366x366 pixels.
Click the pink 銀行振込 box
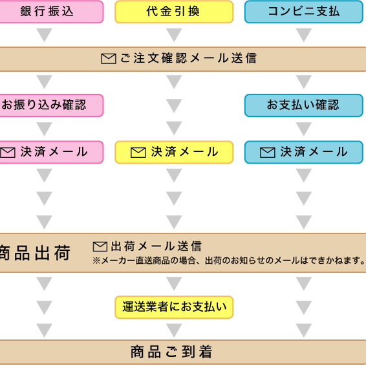[x=51, y=12]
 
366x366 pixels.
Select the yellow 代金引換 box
[x=174, y=12]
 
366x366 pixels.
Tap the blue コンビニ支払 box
[x=304, y=12]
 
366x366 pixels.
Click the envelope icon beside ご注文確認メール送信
[x=109, y=58]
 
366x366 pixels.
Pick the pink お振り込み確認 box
[x=51, y=105]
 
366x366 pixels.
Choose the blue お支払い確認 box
[x=304, y=105]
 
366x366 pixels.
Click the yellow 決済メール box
[x=174, y=152]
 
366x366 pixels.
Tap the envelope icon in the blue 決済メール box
[x=268, y=153]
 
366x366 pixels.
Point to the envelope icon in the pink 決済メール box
[x=8, y=153]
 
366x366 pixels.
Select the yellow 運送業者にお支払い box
[x=174, y=307]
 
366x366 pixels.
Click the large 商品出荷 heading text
[x=35, y=253]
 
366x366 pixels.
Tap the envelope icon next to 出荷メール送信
[x=100, y=246]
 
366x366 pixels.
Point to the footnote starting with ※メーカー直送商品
[x=229, y=261]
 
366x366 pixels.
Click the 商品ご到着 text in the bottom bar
[x=171, y=352]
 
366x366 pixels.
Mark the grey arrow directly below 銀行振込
[x=45, y=35]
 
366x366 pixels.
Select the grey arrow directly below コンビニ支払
[x=304, y=35]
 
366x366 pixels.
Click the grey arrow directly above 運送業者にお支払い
[x=174, y=284]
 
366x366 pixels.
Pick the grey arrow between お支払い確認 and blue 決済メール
[x=304, y=129]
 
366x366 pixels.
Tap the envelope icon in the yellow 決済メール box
[x=138, y=153]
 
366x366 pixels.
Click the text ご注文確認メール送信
[x=189, y=58]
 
